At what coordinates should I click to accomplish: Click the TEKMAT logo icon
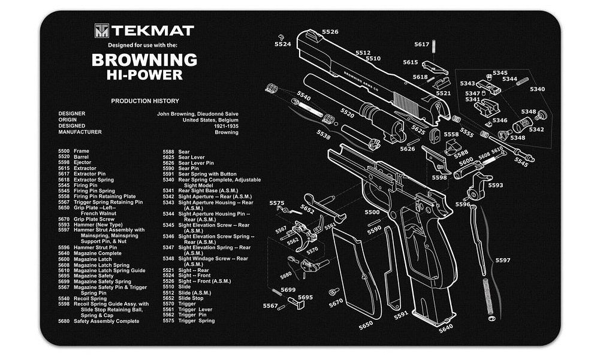(101, 30)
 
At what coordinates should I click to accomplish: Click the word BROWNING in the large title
(144, 60)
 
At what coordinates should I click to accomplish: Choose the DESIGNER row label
(71, 113)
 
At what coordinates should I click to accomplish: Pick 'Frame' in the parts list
(82, 152)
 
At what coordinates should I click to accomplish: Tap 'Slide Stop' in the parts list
(191, 298)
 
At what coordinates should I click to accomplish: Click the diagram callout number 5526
(330, 32)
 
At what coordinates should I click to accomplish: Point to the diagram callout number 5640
(446, 329)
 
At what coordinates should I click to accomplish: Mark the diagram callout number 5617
(422, 44)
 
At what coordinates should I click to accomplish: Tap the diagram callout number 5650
(366, 325)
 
